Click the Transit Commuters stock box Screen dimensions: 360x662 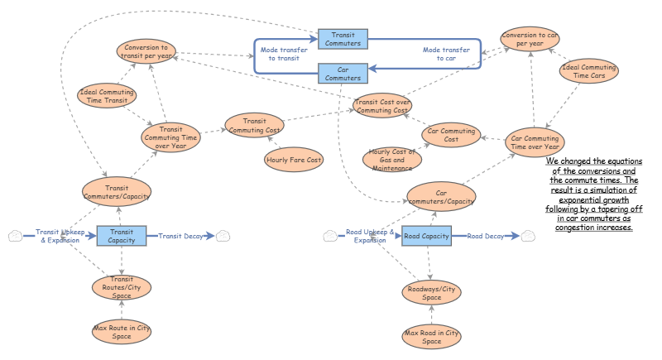(x=343, y=38)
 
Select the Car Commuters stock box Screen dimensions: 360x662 (x=343, y=74)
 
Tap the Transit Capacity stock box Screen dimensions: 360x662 (x=122, y=236)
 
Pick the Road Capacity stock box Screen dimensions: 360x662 (x=426, y=236)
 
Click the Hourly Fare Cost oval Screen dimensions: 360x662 (x=293, y=158)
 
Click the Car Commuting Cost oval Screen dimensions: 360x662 (x=452, y=134)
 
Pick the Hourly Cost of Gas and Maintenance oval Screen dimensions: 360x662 (x=393, y=159)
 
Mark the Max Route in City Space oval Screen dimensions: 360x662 (x=122, y=331)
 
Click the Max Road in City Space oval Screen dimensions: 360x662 (x=431, y=336)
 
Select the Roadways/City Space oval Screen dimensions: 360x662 (x=431, y=292)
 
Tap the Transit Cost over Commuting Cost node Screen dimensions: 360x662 (x=381, y=106)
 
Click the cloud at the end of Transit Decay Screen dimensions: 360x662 (x=225, y=236)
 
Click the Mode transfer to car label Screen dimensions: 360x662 (x=446, y=55)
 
